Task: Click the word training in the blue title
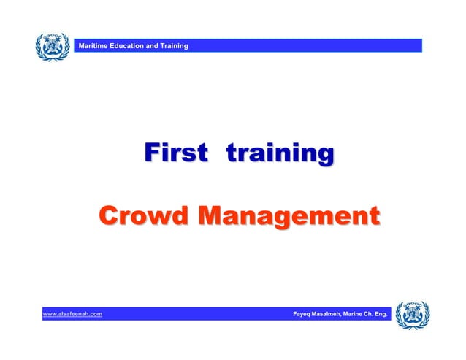point(280,155)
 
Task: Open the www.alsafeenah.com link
point(72,315)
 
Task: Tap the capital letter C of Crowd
point(108,217)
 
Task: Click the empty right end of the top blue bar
point(394,46)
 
